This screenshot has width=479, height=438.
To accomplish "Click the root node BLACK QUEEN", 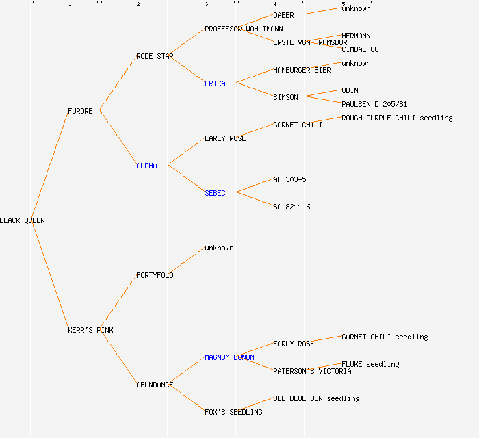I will (23, 220).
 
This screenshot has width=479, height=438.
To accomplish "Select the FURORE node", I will (80, 111).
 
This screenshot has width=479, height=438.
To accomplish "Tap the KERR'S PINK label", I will (90, 330).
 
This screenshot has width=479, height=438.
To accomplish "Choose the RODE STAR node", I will (155, 56).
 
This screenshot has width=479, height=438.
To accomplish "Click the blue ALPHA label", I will (146, 166).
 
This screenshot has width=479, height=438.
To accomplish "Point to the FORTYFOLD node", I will (155, 275).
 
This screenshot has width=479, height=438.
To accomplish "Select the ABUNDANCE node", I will (155, 385).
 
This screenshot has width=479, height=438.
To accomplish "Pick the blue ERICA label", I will (215, 83).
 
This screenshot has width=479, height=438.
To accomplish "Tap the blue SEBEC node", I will (215, 193).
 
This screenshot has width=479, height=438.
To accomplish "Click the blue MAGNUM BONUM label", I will (229, 357).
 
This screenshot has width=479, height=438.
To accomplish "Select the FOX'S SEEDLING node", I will (233, 412).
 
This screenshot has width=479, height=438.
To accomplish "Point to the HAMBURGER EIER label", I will (302, 70).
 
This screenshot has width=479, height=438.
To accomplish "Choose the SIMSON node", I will (285, 97).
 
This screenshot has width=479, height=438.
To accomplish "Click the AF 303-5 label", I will (289, 179).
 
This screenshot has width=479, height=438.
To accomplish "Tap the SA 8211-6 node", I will (292, 207).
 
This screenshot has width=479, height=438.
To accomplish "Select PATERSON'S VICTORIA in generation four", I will (312, 371).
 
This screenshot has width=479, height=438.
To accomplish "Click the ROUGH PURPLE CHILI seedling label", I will (397, 118).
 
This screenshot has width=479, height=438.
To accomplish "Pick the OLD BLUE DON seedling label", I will (316, 398).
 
